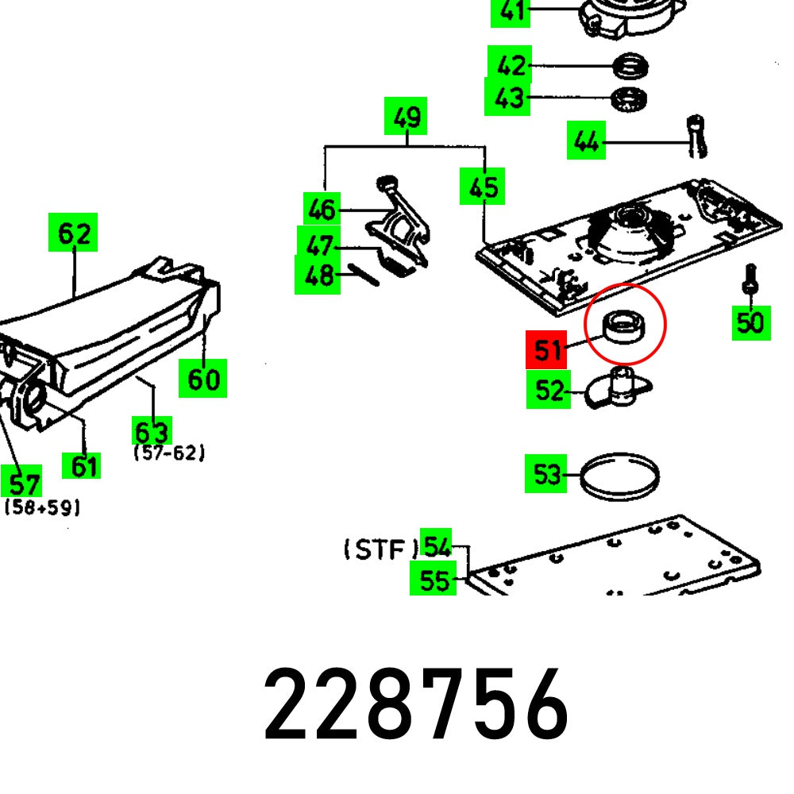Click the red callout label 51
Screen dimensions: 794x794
click(547, 350)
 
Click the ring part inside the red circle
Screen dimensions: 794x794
click(623, 326)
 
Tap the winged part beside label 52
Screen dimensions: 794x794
click(619, 388)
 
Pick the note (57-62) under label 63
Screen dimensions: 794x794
click(169, 453)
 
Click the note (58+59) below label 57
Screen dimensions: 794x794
click(41, 507)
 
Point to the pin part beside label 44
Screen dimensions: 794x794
click(697, 135)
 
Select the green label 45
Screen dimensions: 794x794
click(483, 187)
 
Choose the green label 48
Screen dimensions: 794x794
click(318, 276)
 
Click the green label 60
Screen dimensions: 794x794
click(202, 379)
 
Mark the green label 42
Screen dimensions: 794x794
click(510, 65)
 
